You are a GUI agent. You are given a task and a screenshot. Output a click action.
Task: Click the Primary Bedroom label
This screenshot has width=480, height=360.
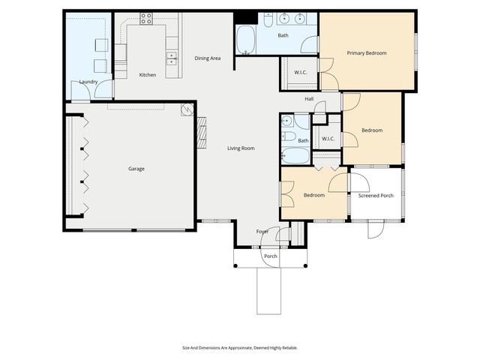pyautogui.click(x=367, y=53)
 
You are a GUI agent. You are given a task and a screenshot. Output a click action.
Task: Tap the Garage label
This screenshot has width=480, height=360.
pyautogui.click(x=136, y=169)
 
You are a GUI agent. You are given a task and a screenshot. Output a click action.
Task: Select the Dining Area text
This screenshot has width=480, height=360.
pyautogui.click(x=207, y=58)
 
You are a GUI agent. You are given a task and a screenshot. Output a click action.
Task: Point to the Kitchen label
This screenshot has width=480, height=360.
pyautogui.click(x=148, y=75)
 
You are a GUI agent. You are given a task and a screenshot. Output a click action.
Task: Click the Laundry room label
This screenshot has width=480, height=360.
pyautogui.click(x=88, y=82)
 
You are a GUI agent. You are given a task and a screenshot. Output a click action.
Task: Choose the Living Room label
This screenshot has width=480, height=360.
pyautogui.click(x=241, y=148)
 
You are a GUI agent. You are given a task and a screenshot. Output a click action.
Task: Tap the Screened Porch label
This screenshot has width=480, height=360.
pyautogui.click(x=376, y=196)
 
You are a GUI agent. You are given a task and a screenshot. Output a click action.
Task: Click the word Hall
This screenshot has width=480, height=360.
pyautogui.click(x=309, y=99)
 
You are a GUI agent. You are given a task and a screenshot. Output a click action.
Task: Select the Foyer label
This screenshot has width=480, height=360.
pyautogui.click(x=262, y=231)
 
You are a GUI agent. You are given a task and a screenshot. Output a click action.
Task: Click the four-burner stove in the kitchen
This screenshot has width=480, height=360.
pyautogui.click(x=146, y=19)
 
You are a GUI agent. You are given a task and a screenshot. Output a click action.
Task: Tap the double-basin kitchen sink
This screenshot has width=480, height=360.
pyautogui.click(x=172, y=57)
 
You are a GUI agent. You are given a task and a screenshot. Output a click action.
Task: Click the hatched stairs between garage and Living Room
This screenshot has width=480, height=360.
pyautogui.click(x=200, y=132)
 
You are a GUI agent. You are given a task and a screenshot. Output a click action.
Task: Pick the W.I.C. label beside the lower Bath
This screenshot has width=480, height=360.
pyautogui.click(x=328, y=139)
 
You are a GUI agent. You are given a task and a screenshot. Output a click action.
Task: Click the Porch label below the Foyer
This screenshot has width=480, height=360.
pyautogui.click(x=270, y=256)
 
